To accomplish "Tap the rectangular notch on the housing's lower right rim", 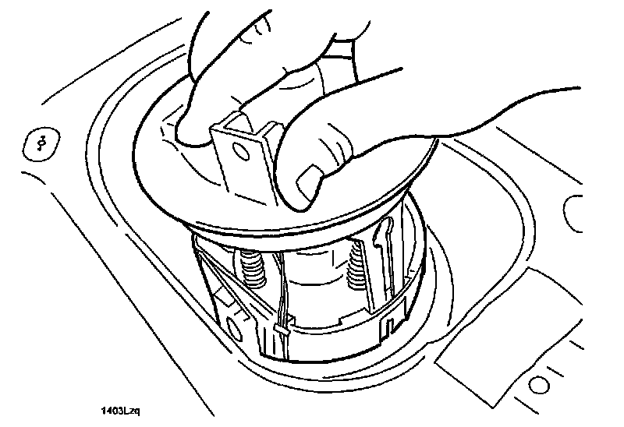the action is pyautogui.click(x=388, y=319).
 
